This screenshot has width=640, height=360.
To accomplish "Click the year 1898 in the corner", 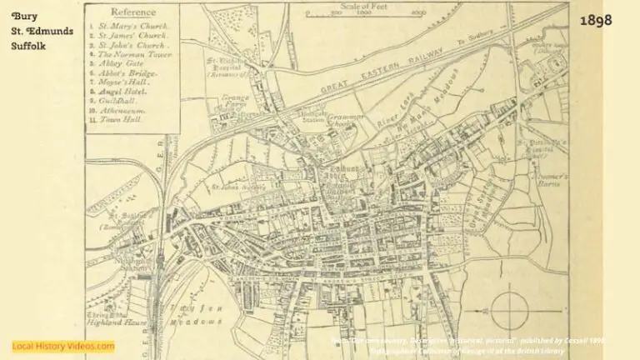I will coord(596,19).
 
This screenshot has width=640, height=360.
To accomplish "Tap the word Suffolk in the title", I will coord(31,46).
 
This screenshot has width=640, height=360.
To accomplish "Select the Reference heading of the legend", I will coord(134,12).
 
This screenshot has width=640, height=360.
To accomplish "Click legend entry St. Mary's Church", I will coord(133,26).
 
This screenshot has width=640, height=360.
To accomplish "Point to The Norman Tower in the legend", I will coord(137,54).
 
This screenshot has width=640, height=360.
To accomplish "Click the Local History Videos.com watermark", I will coord(63,345).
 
